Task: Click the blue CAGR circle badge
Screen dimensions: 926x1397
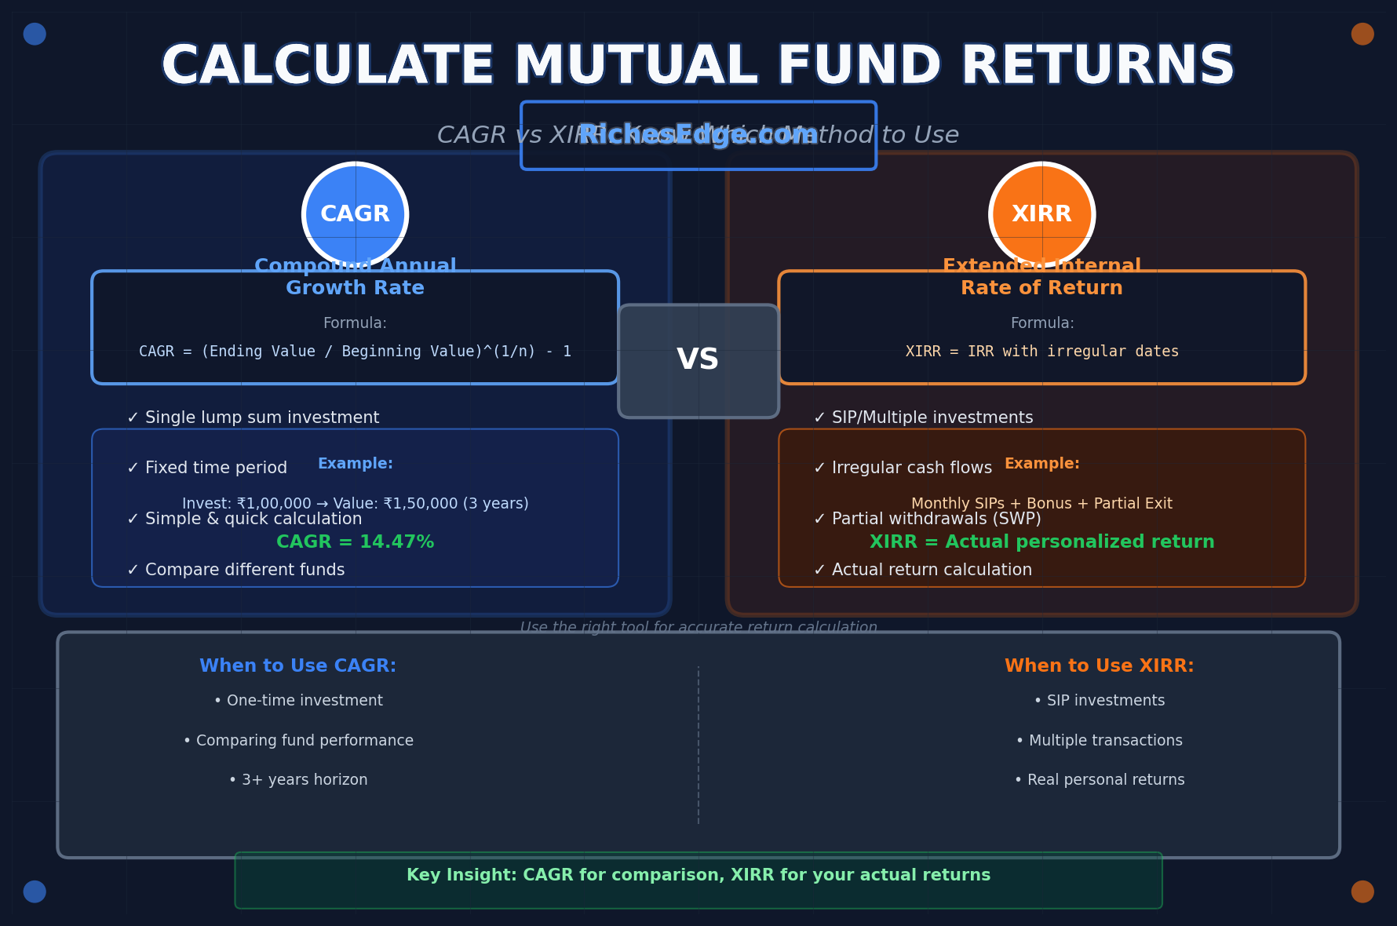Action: [x=356, y=214]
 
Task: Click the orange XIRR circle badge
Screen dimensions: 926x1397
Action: [x=1041, y=214]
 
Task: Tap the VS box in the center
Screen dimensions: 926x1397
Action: [x=698, y=361]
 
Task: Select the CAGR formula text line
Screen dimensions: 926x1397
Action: [x=355, y=352]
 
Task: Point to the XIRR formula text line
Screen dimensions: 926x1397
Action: [x=1041, y=352]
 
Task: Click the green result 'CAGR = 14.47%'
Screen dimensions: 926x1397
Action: [x=355, y=542]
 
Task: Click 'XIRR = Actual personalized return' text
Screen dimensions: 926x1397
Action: [x=1041, y=542]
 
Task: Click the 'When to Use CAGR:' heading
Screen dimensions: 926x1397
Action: [x=297, y=666]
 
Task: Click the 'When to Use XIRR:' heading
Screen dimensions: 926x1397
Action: [x=1099, y=666]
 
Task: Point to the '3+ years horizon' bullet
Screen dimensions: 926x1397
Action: [x=298, y=780]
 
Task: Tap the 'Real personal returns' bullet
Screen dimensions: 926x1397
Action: [x=1100, y=780]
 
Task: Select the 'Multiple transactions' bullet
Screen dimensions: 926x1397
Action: [x=1100, y=741]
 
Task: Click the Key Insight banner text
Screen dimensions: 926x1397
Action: [x=698, y=875]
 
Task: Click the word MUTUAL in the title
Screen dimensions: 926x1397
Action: [x=636, y=66]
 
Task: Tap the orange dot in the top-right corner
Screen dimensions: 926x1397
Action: [x=1362, y=34]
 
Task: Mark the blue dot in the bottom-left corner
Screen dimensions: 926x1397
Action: [x=35, y=891]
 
